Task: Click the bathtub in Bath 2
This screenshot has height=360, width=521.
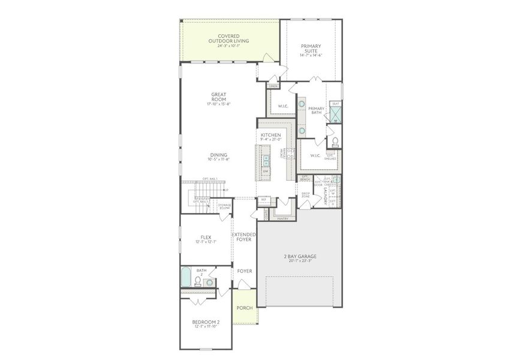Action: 186,279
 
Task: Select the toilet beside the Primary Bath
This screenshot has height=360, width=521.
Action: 335,142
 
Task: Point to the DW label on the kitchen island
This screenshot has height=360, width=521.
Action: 266,172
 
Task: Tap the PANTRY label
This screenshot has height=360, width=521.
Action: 283,218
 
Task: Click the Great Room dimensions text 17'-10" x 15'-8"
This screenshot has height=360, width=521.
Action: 218,104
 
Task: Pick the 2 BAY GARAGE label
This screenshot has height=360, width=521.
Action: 300,257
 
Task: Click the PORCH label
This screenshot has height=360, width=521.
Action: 245,308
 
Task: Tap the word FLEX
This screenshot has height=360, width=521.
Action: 206,237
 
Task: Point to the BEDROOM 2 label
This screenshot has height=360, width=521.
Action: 206,322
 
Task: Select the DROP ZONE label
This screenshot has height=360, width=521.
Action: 305,195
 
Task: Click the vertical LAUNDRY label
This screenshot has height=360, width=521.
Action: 324,194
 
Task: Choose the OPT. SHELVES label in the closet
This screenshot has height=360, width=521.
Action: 329,156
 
